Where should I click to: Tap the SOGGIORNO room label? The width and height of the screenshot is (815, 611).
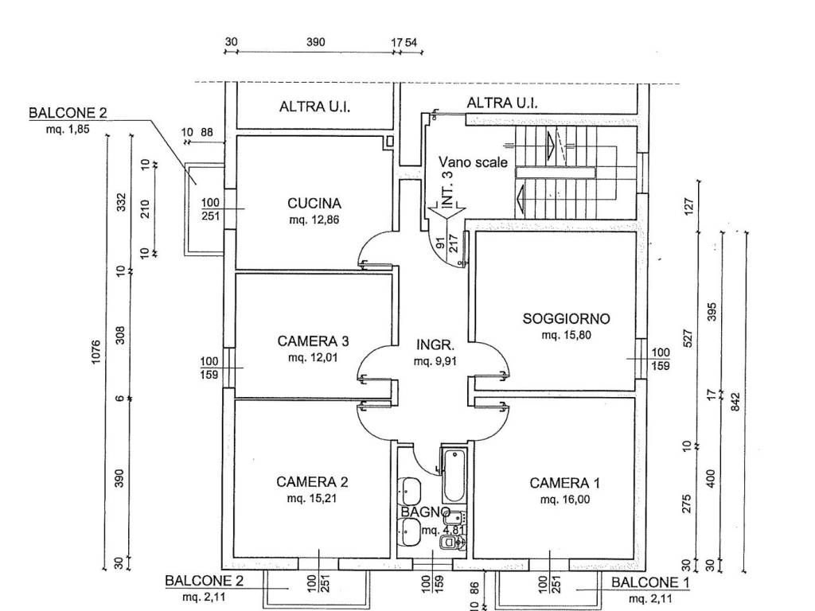point(566,319)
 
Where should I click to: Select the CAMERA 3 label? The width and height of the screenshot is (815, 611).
point(314,341)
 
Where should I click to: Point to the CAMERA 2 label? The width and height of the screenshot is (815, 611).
point(313,481)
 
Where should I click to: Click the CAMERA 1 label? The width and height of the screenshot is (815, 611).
point(565,482)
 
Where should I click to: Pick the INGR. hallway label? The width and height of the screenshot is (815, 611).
point(435,345)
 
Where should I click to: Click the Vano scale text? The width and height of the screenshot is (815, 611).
point(474,162)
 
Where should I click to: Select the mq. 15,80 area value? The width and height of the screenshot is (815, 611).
point(566,336)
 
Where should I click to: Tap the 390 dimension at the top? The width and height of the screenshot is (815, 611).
point(316,42)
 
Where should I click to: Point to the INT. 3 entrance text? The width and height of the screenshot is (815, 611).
point(447,190)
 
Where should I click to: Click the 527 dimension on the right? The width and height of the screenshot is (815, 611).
point(689,338)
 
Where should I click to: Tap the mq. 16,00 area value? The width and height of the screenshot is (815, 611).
point(565,500)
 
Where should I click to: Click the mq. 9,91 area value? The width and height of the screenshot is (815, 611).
point(435,361)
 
